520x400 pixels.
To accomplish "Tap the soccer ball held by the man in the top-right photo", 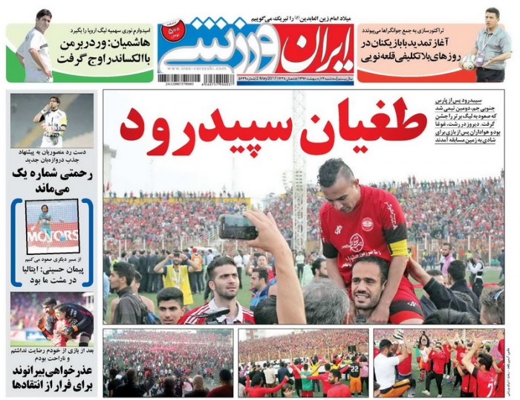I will [x=469, y=63].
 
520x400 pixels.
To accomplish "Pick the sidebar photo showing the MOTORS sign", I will [x=52, y=226].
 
